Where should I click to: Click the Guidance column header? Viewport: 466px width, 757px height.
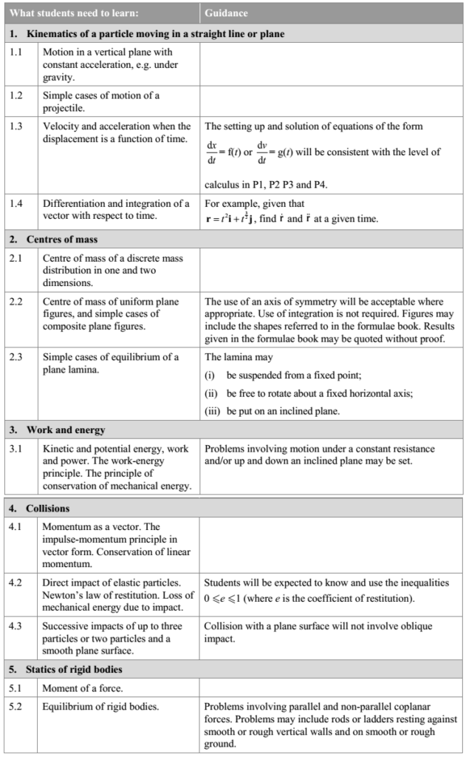pos(226,13)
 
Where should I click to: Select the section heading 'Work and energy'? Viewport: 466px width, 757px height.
pos(66,430)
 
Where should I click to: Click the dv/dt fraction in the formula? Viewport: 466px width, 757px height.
pos(263,152)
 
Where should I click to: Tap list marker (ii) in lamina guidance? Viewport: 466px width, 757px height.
pos(211,392)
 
